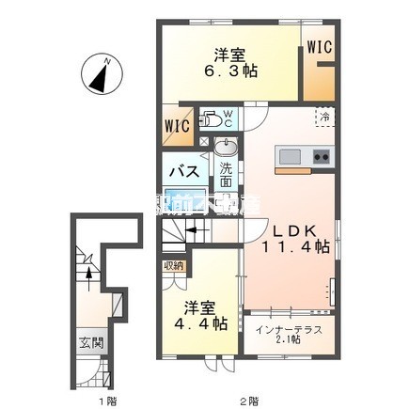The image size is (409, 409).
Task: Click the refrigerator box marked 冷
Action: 322,118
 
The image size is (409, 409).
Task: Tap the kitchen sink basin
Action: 289,155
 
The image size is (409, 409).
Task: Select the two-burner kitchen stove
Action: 321,155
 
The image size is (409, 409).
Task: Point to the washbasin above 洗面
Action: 226,149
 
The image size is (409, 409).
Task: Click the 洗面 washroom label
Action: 226,176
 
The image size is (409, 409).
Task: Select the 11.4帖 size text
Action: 293,246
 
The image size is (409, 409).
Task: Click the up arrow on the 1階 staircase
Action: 88,271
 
